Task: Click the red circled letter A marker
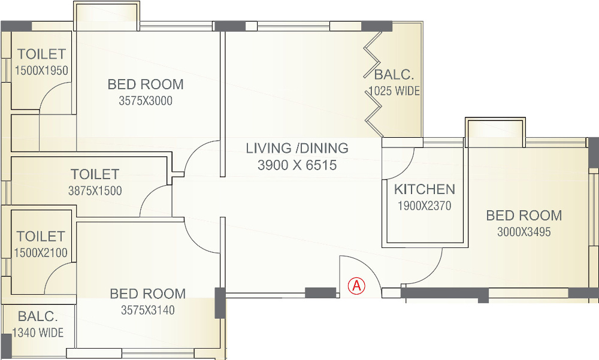(x=357, y=286)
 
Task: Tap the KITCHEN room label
(x=425, y=189)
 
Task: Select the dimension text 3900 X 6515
(x=297, y=165)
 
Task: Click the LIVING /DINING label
(x=297, y=148)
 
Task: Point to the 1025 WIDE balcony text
(x=394, y=91)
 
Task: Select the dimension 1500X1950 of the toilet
(x=41, y=71)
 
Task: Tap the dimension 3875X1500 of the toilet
(x=95, y=191)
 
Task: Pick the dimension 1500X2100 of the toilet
(x=41, y=253)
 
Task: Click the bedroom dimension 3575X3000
(x=146, y=101)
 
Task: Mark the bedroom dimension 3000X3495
(x=524, y=232)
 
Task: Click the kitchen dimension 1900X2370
(x=424, y=206)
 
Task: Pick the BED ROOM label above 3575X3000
(x=146, y=84)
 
